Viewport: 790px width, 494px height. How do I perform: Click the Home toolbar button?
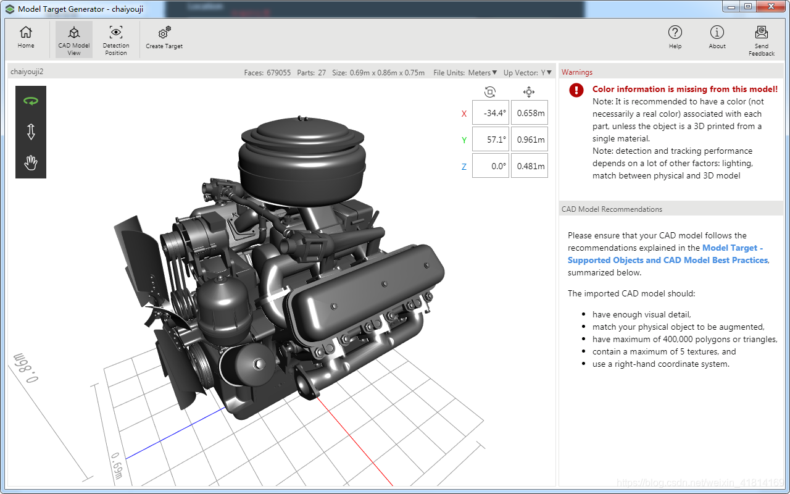26,38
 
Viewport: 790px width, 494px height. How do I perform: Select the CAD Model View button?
74,40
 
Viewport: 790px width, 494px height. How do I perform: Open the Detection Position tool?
116,40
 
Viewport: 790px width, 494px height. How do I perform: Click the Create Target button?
164,38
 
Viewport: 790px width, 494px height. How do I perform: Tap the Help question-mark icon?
675,33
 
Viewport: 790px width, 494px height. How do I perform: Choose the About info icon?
717,33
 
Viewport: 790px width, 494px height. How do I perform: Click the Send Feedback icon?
762,33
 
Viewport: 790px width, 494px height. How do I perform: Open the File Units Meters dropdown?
482,73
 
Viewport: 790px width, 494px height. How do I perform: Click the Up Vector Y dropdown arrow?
549,72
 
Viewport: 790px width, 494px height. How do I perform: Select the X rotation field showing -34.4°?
491,113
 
